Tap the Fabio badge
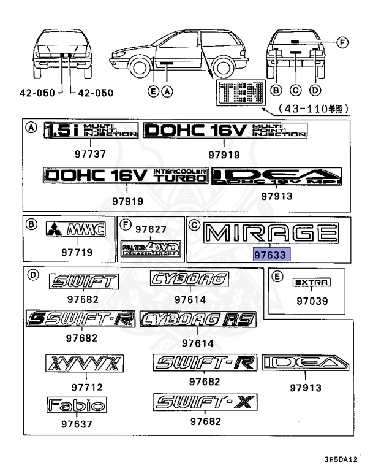click(x=77, y=405)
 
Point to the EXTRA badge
click(x=311, y=282)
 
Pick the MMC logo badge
click(x=76, y=231)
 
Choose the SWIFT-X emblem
click(x=205, y=402)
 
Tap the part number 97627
click(x=151, y=229)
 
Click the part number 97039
click(x=312, y=301)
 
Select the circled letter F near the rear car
click(x=343, y=42)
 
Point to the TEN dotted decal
click(x=239, y=93)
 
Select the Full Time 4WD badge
click(x=150, y=248)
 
